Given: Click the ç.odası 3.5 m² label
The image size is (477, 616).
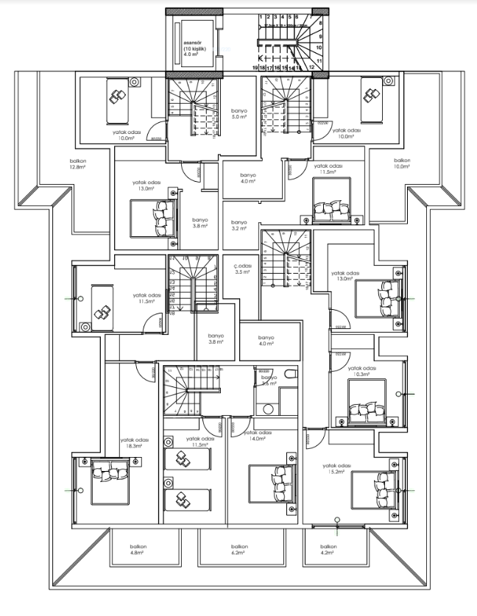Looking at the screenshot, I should coord(243,269).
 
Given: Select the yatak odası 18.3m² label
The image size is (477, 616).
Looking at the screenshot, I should coord(134,444).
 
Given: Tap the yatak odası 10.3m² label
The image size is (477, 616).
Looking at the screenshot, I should coord(361,371).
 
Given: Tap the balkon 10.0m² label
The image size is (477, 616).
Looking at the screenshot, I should coord(401,163).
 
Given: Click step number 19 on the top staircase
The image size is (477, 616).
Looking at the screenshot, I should coord(255,67).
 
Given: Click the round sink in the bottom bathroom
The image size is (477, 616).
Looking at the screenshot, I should coord(269,409).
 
